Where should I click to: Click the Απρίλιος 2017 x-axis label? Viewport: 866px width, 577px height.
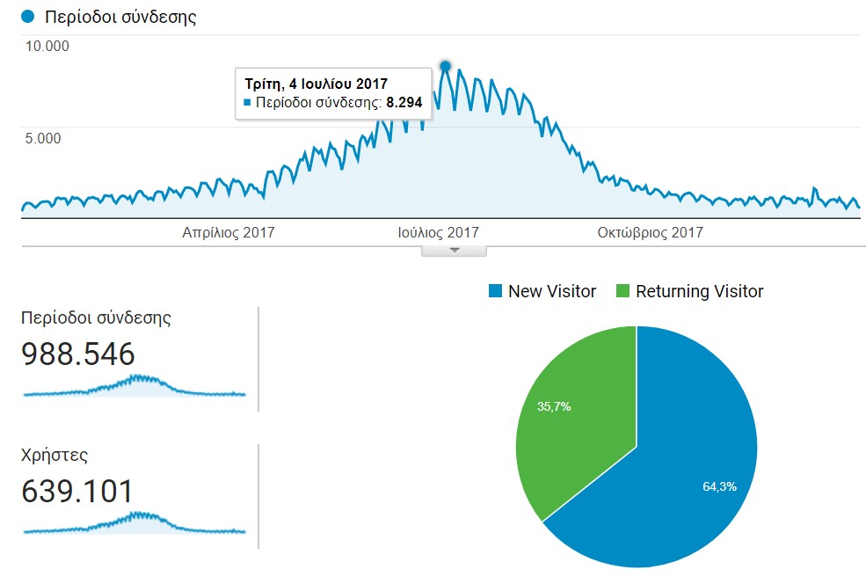pyautogui.click(x=229, y=233)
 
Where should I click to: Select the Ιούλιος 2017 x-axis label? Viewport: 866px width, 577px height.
pyautogui.click(x=438, y=233)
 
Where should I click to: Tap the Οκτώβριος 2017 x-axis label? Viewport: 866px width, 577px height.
pyautogui.click(x=650, y=233)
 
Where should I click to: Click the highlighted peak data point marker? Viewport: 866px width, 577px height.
pyautogui.click(x=445, y=66)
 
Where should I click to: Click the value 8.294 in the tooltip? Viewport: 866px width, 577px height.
pyautogui.click(x=404, y=103)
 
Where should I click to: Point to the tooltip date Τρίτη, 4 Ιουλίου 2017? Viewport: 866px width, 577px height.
pyautogui.click(x=316, y=84)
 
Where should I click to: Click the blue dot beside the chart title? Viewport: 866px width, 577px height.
pyautogui.click(x=29, y=17)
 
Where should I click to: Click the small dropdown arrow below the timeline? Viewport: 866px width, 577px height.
pyautogui.click(x=454, y=251)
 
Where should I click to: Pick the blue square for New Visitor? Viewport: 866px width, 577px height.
pyautogui.click(x=495, y=291)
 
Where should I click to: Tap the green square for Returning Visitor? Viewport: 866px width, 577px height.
pyautogui.click(x=622, y=291)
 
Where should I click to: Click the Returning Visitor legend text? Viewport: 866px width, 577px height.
pyautogui.click(x=699, y=291)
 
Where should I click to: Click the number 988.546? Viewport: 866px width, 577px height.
pyautogui.click(x=78, y=354)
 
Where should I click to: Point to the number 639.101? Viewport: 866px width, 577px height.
pyautogui.click(x=77, y=492)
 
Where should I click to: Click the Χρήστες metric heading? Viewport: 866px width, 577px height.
pyautogui.click(x=55, y=456)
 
